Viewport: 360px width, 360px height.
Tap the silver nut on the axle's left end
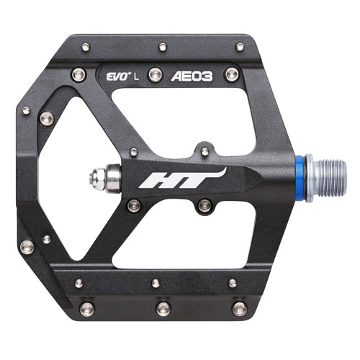(99, 176)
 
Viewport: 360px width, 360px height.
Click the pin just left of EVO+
(78, 73)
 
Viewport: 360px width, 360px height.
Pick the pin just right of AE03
(231, 74)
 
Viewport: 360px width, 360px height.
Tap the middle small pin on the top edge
(163, 47)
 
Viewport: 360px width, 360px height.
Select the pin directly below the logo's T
(204, 206)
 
